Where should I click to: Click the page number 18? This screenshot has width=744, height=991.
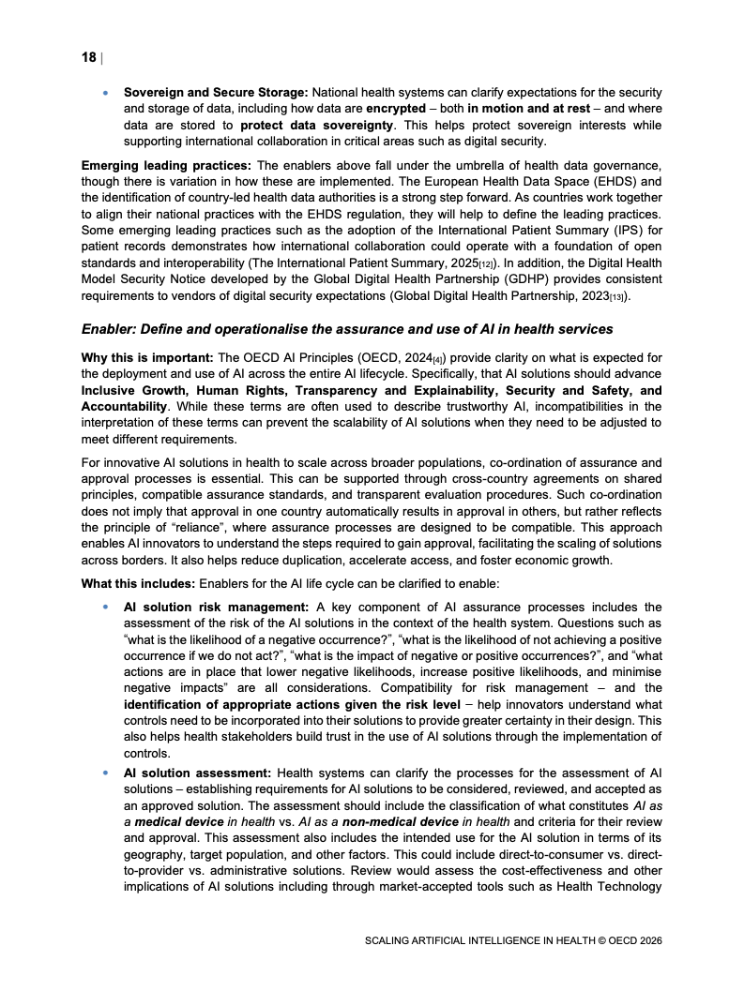click(88, 58)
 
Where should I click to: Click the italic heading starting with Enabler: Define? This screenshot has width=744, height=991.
click(347, 329)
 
